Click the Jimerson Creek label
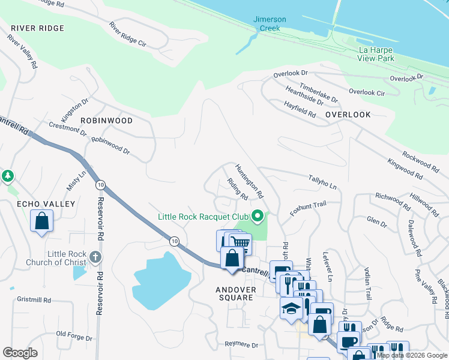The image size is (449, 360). pos(269,24)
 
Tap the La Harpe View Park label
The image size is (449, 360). pos(376,54)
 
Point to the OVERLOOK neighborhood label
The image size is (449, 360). pos(348,114)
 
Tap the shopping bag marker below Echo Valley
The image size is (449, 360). pos(41,221)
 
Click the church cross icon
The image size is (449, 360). pos(95,258)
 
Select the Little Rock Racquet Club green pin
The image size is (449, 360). pos(258,215)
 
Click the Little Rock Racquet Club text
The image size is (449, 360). pos(203,217)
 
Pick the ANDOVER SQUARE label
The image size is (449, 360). pos(236,293)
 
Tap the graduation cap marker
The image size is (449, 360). pos(291,308)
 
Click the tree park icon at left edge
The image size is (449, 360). pos(7,176)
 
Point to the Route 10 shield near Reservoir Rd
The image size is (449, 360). pos(101,184)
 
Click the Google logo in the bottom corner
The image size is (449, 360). pos(20,353)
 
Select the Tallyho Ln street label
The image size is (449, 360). pos(322,179)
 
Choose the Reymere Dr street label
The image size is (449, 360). pos(241,345)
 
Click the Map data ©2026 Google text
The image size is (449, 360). pos(412,355)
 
